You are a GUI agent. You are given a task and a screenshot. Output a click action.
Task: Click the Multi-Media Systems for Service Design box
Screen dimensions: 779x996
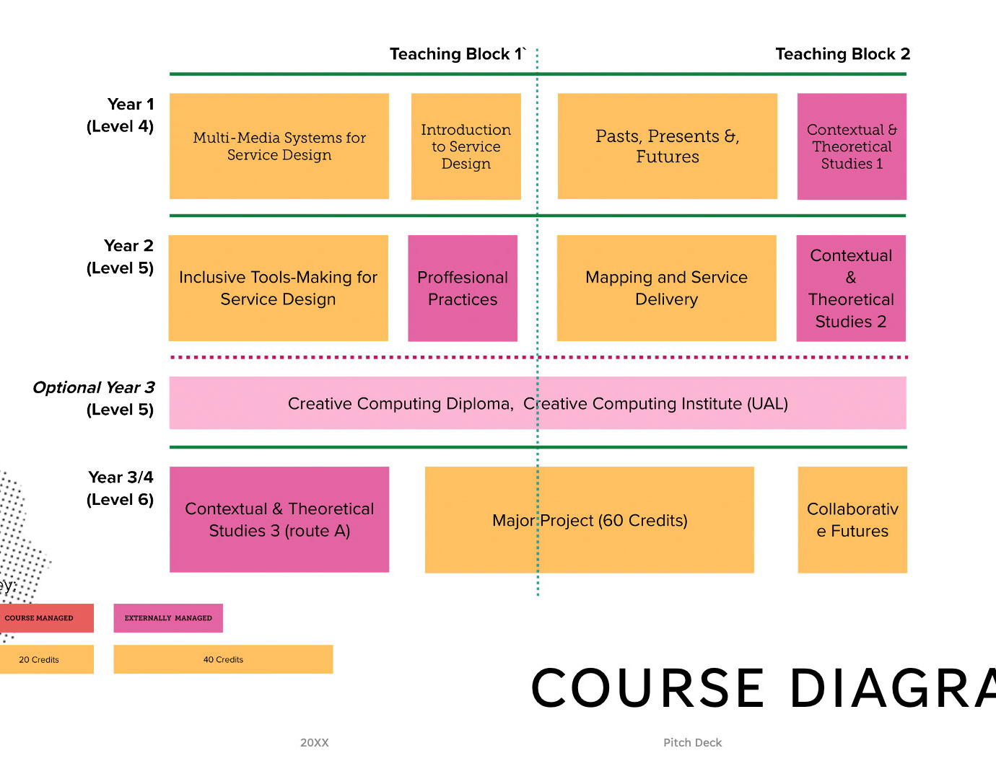pyautogui.click(x=279, y=146)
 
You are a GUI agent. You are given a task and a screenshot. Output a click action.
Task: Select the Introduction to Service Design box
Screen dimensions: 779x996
pyautogui.click(x=466, y=146)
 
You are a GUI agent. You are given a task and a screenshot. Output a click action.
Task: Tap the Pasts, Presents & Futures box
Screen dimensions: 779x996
pyautogui.click(x=668, y=146)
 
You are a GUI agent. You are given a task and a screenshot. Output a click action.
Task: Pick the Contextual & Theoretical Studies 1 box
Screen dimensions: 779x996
pyautogui.click(x=852, y=146)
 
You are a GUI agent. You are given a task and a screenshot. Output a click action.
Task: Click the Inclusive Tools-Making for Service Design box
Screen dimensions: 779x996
pyautogui.click(x=278, y=289)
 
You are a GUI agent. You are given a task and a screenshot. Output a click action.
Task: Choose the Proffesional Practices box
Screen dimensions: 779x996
pyautogui.click(x=463, y=289)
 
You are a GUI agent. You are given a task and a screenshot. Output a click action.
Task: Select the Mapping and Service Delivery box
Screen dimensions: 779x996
pyautogui.click(x=666, y=289)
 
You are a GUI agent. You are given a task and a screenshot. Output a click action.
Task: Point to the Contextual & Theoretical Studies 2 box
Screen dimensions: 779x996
pyautogui.click(x=851, y=289)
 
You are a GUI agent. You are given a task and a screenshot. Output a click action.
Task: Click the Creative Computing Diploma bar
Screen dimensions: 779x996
pyautogui.click(x=538, y=403)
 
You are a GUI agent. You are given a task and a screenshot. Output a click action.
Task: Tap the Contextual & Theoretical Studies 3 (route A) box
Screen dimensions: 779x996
pyautogui.click(x=279, y=520)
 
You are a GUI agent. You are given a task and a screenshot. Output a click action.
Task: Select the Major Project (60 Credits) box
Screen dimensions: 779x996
pyautogui.click(x=589, y=520)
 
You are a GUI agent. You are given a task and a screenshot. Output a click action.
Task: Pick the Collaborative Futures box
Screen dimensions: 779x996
pyautogui.click(x=852, y=520)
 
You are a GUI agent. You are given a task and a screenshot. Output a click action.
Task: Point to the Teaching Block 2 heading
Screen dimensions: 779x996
pyautogui.click(x=842, y=54)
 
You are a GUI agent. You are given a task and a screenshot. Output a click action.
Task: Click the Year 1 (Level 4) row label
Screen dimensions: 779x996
pyautogui.click(x=121, y=115)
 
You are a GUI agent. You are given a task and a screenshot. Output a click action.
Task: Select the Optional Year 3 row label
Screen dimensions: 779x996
pyautogui.click(x=95, y=398)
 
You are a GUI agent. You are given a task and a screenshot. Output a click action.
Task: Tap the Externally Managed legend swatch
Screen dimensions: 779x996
pyautogui.click(x=168, y=618)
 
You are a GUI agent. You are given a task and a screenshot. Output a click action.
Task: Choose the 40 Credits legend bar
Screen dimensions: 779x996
pyautogui.click(x=223, y=659)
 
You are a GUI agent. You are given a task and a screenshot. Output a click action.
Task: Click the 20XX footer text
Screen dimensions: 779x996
pyautogui.click(x=315, y=743)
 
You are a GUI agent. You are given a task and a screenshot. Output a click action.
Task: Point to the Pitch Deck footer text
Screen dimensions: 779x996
pyautogui.click(x=692, y=743)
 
